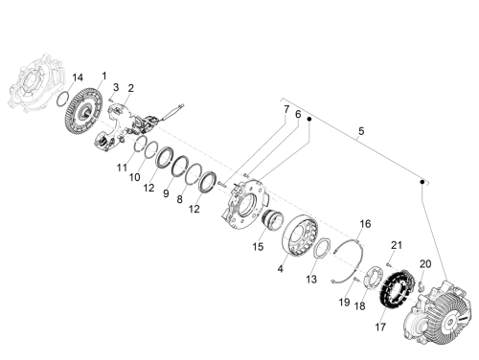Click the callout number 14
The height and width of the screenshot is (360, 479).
[x=78, y=78]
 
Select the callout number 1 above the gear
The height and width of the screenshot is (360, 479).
[x=104, y=76]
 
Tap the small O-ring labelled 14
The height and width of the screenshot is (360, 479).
[x=62, y=99]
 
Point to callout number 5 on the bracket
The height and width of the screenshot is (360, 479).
[x=361, y=131]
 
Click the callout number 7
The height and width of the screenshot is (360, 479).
[x=286, y=109]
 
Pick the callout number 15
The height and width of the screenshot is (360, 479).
[x=258, y=247]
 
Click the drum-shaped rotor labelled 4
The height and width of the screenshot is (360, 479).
[x=300, y=236]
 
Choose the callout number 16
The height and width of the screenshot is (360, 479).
[x=365, y=224]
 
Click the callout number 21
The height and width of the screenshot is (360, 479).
[x=397, y=245]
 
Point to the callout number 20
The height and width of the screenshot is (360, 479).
[x=425, y=264]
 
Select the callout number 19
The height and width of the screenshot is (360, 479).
[x=344, y=302]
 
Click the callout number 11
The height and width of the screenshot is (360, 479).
[x=122, y=168]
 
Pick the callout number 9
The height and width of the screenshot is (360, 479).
[x=166, y=193]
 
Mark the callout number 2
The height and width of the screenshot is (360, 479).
[x=131, y=88]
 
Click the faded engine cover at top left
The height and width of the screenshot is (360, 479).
[x=35, y=83]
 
